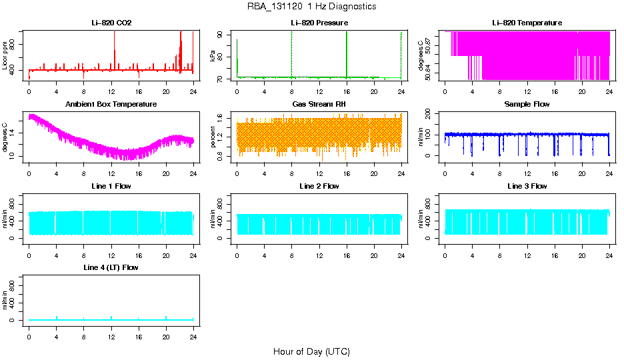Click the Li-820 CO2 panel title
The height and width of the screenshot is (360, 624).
pos(111,23)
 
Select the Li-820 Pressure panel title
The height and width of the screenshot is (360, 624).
pos(319,23)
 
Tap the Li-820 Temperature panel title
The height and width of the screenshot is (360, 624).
pos(527,23)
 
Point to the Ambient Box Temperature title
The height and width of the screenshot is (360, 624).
pos(111,105)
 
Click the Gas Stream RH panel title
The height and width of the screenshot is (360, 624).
pos(319,105)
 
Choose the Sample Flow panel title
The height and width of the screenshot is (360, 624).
pos(527,105)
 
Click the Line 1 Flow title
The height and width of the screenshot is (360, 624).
pos(111,186)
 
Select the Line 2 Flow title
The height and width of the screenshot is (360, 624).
pos(319,186)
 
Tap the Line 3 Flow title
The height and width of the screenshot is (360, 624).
pos(527,186)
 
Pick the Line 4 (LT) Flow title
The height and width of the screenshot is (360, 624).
pos(111,267)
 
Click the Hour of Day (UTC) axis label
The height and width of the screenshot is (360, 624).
pos(311,351)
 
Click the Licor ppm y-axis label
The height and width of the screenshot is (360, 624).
pos(5,56)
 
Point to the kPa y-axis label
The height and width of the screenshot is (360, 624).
pos(213,56)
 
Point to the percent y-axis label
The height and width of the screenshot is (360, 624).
pos(213,137)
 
